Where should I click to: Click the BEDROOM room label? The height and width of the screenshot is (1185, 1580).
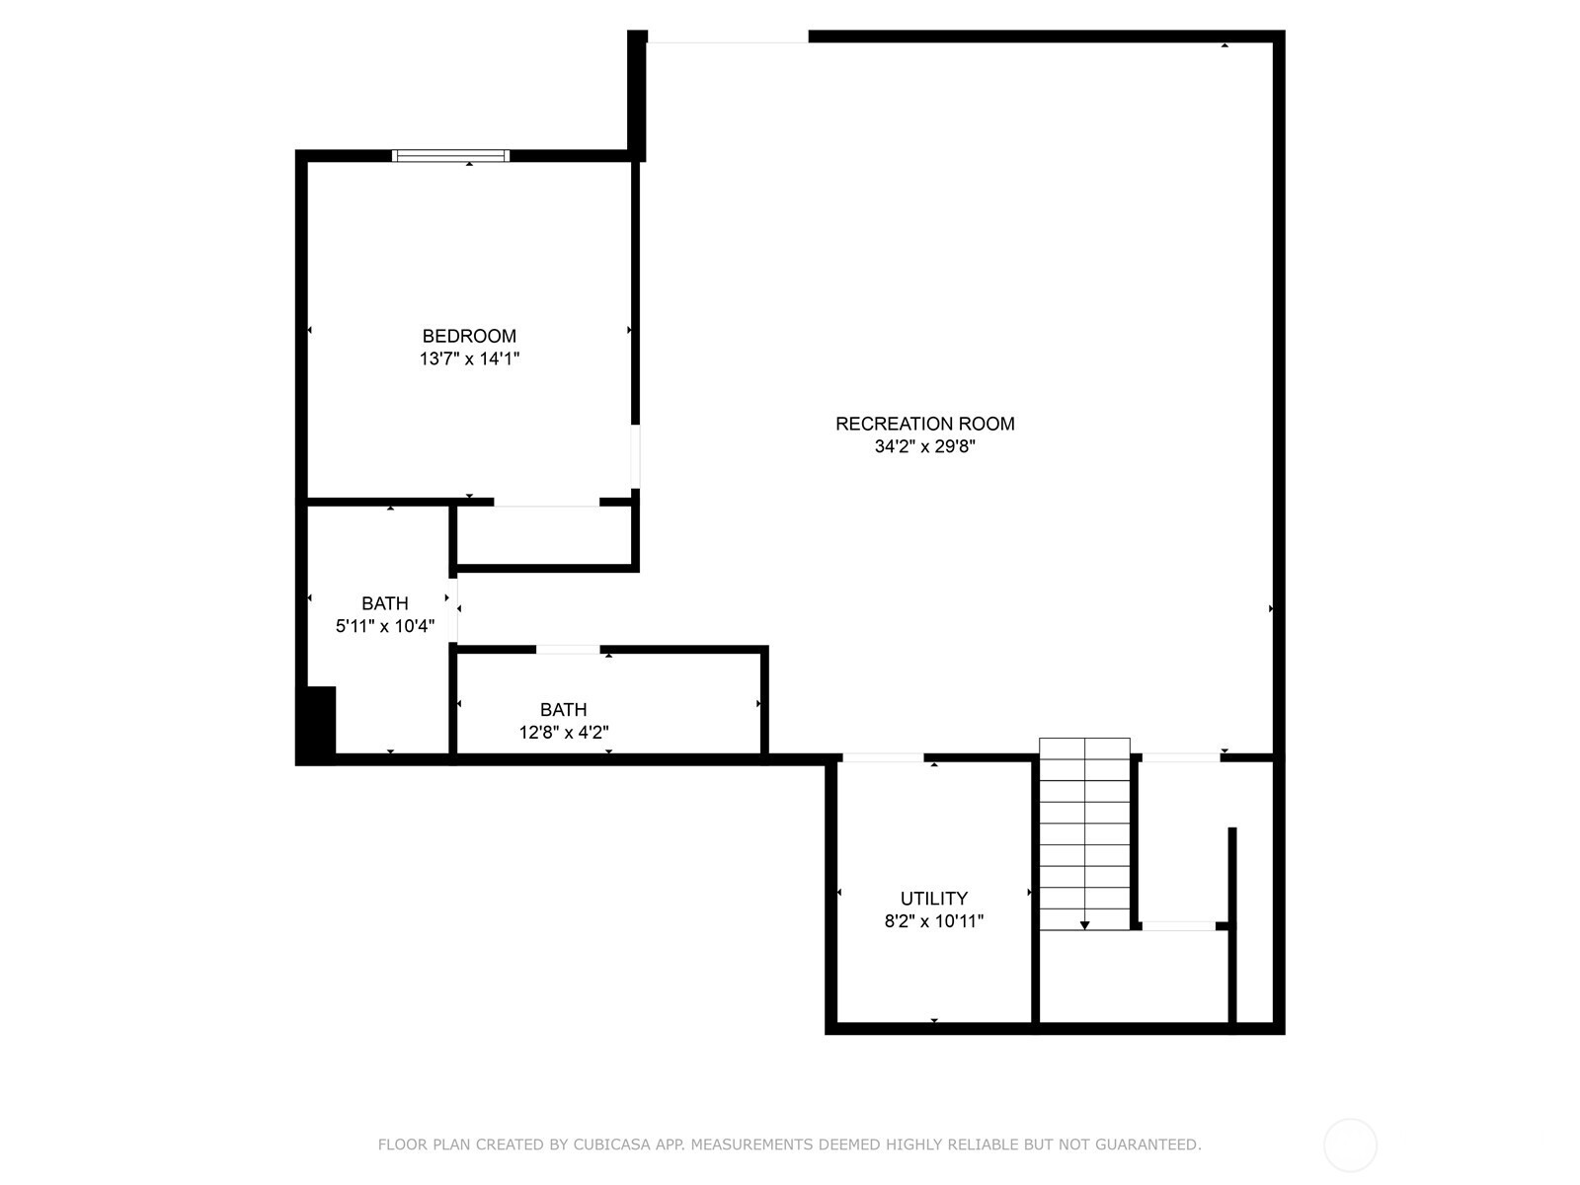click(x=469, y=336)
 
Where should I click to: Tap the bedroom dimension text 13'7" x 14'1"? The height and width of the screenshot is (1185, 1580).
click(x=469, y=359)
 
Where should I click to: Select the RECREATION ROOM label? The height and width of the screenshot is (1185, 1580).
click(x=924, y=424)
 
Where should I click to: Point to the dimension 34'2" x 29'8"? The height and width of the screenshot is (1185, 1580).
click(x=924, y=446)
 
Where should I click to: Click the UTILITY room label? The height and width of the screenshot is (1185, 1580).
click(x=933, y=899)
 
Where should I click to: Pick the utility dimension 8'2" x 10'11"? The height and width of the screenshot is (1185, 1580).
click(x=933, y=921)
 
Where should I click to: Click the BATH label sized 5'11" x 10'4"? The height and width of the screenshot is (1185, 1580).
click(x=384, y=603)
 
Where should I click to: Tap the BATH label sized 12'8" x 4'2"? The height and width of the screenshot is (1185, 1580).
click(x=563, y=709)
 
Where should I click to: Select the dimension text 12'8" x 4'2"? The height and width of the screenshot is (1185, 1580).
click(x=563, y=733)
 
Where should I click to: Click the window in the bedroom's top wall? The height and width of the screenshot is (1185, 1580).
click(x=450, y=155)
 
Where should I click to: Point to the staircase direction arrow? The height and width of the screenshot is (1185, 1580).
click(x=1084, y=924)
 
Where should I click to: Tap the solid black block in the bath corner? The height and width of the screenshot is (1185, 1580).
click(x=318, y=724)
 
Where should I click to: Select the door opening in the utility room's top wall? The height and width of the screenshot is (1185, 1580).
click(x=883, y=757)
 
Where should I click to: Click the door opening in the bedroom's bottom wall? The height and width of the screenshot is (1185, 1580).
click(x=546, y=502)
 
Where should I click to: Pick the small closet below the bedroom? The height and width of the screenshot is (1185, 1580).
click(x=544, y=536)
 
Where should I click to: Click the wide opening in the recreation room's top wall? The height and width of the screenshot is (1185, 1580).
click(x=728, y=38)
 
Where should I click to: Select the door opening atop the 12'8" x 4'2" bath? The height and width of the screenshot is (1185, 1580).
click(x=568, y=649)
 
